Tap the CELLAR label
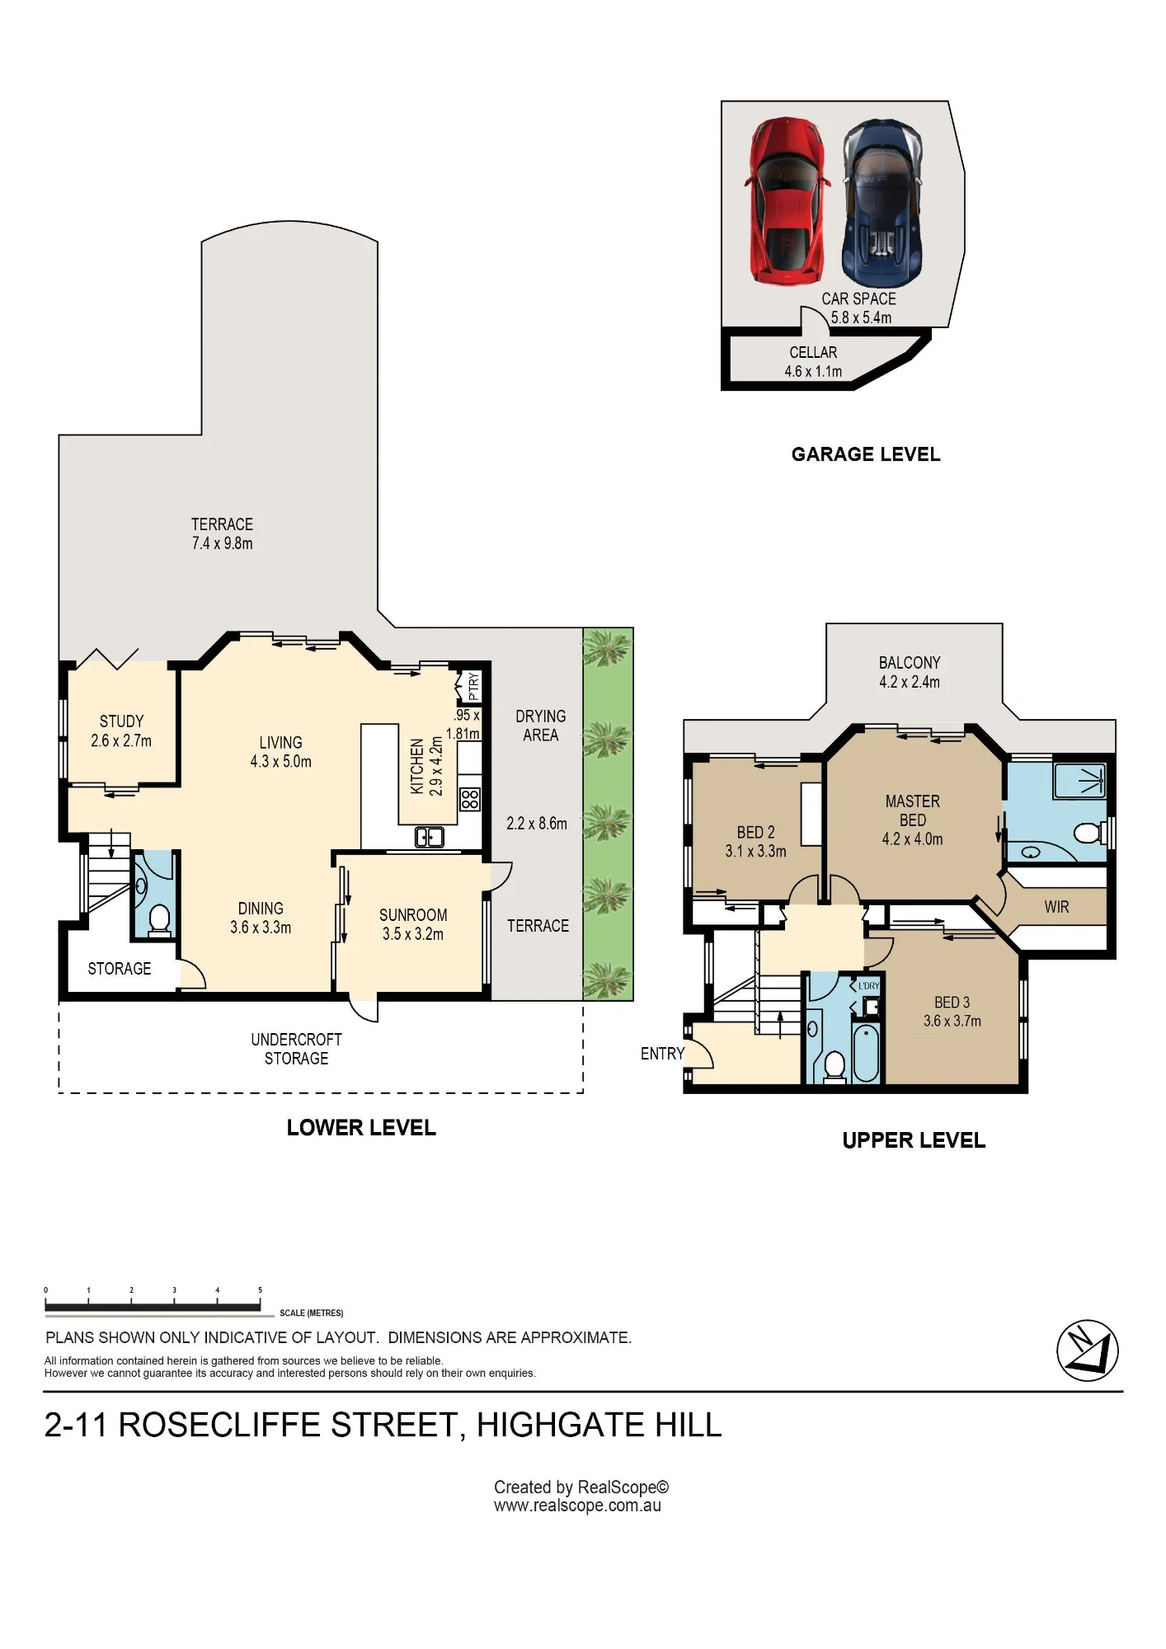click(x=813, y=352)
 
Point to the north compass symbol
click(x=1088, y=1351)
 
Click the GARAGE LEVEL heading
click(x=866, y=454)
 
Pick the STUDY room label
click(x=121, y=721)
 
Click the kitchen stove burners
click(x=469, y=799)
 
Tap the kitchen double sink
click(x=429, y=837)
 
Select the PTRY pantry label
click(x=473, y=686)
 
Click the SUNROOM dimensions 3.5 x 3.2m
click(x=412, y=934)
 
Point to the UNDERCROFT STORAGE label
click(x=296, y=1049)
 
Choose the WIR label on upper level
click(x=1056, y=907)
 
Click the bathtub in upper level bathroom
click(x=866, y=1053)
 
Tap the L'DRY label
click(x=869, y=985)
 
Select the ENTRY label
click(x=662, y=1054)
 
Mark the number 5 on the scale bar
click(x=260, y=1290)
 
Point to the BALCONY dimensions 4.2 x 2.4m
click(x=910, y=682)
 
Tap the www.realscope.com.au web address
click(x=577, y=1506)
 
